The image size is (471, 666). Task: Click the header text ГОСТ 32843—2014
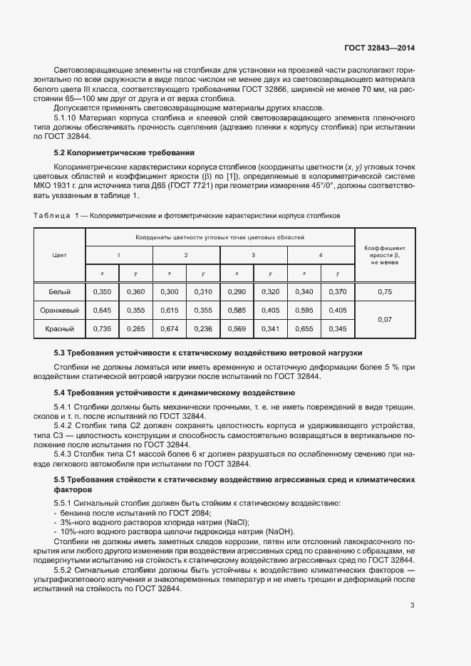pos(378,48)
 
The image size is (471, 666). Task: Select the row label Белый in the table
pos(60,291)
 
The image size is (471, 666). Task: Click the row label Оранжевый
pos(60,310)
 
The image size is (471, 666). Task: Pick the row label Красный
pos(60,329)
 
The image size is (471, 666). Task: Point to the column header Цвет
pos(60,254)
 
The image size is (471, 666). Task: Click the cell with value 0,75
pos(385,291)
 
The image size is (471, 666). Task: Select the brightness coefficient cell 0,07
pos(385,320)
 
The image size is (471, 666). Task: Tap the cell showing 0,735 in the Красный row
pos(103,329)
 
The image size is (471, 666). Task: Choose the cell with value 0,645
pos(103,310)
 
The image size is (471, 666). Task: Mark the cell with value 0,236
pos(203,329)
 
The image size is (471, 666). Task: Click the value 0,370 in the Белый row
pos(338,291)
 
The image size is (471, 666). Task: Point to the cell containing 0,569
pos(237,329)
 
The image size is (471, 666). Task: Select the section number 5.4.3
pos(66,453)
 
